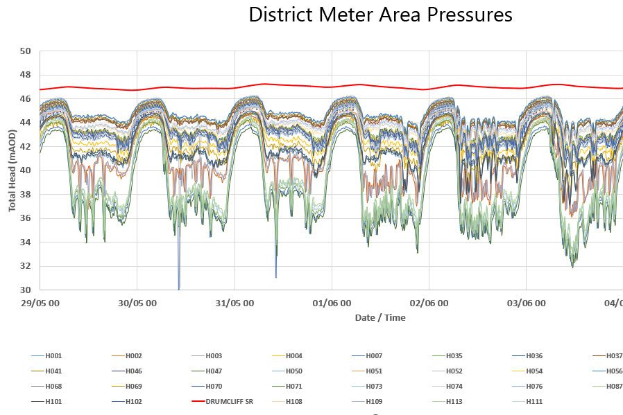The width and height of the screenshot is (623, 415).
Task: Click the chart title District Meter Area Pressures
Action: [380, 15]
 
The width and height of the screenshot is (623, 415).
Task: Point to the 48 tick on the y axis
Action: [26, 75]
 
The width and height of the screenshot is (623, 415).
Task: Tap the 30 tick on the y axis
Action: [26, 290]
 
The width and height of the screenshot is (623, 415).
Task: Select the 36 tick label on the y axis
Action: [26, 218]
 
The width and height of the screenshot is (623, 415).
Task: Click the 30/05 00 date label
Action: [137, 303]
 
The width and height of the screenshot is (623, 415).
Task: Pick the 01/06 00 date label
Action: [331, 303]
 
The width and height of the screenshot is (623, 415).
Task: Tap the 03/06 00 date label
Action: [526, 303]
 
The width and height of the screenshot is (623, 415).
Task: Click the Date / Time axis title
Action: [380, 318]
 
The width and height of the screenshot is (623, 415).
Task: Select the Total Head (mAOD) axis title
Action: [12, 170]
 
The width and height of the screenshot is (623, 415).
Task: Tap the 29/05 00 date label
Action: [40, 303]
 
